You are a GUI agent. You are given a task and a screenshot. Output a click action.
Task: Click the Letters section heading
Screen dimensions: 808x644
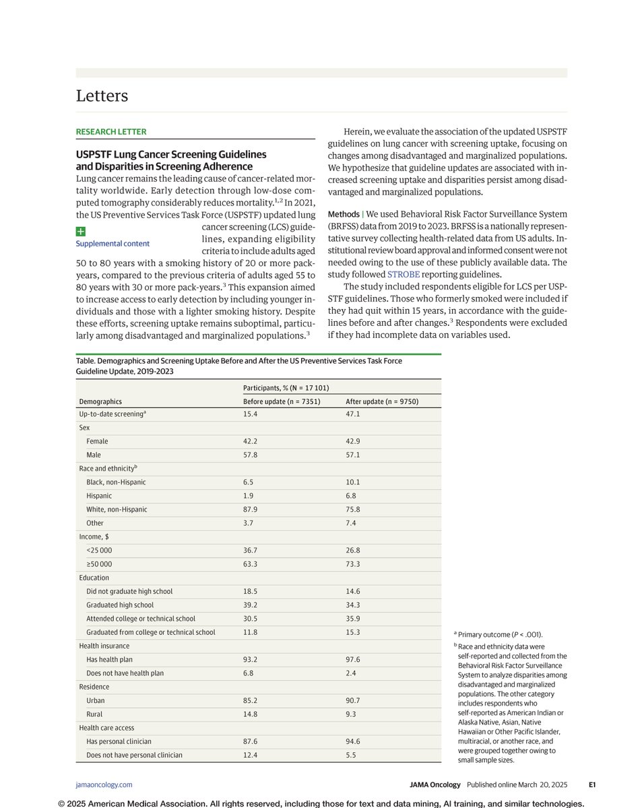coord(102,96)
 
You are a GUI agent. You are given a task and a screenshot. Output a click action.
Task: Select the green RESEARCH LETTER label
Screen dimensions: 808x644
coord(110,132)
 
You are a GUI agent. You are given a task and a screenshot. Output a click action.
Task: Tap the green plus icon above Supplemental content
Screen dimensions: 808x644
coord(80,231)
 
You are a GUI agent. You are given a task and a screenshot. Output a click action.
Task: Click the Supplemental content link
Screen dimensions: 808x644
coord(112,244)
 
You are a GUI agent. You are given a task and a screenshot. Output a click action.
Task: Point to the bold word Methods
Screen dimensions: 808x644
coord(344,214)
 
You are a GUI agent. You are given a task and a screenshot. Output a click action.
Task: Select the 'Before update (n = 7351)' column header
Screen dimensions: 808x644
coord(282,401)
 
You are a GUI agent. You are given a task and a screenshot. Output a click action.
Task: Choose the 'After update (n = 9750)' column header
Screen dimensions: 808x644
coord(382,401)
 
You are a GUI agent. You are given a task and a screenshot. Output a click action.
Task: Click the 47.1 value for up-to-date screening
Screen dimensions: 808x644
coord(353,414)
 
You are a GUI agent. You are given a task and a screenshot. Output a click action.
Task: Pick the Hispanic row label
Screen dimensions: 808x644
coord(99,496)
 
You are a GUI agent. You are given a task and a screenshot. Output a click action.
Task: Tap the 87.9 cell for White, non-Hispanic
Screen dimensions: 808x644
coord(250,509)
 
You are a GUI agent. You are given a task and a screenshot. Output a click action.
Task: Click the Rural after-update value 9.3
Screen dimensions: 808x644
coord(351,714)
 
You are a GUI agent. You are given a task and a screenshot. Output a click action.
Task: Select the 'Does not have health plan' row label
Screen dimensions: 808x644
coord(125,673)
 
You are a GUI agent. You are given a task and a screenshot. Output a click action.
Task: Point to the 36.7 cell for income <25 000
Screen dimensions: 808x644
coord(250,550)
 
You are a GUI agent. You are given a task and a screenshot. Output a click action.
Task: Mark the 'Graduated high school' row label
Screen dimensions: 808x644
coord(120,605)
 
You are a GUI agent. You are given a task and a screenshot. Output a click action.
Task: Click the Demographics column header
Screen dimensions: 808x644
coord(100,401)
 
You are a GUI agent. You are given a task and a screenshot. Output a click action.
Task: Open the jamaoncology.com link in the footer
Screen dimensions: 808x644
coord(104,784)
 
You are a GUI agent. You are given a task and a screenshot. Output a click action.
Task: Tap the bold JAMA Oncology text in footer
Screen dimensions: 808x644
coord(435,784)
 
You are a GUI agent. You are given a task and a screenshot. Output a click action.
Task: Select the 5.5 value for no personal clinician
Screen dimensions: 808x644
coord(351,755)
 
